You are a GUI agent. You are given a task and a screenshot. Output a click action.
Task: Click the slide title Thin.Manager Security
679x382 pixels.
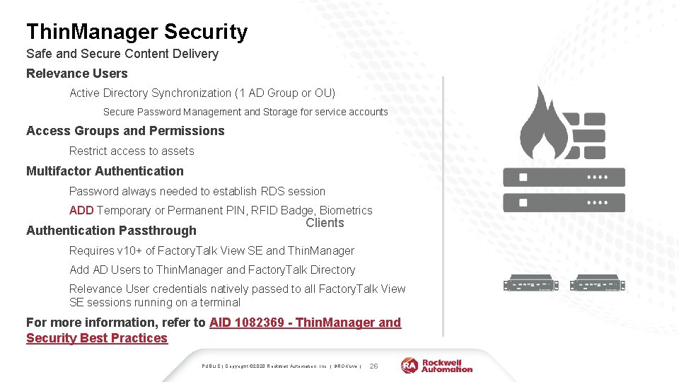pos(137,32)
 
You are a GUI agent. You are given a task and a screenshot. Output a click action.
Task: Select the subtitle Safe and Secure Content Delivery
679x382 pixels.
pos(122,54)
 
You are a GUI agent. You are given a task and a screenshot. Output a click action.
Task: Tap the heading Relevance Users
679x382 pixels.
pos(77,74)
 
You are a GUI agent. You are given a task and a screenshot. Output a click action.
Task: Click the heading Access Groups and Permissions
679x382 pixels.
pos(125,131)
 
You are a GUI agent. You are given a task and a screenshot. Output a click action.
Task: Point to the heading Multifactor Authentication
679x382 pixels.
pos(105,171)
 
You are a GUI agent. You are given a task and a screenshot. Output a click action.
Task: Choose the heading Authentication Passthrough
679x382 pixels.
pos(111,231)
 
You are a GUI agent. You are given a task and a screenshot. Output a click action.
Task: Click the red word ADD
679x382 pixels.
pos(81,211)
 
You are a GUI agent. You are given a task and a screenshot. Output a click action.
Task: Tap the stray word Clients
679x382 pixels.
pos(325,224)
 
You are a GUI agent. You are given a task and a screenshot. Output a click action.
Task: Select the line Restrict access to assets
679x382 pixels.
pos(132,151)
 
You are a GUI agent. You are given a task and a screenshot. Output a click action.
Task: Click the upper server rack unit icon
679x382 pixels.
pos(564,177)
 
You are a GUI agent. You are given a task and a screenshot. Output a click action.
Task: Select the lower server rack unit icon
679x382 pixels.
pos(564,202)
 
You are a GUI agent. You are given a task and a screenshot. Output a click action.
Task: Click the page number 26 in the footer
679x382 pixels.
pos(374,366)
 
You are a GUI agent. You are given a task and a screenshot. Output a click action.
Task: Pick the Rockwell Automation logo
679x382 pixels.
pos(436,365)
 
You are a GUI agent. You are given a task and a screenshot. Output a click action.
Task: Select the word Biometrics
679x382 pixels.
pos(346,211)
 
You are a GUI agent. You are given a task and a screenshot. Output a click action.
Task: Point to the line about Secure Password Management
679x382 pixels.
pos(245,112)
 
